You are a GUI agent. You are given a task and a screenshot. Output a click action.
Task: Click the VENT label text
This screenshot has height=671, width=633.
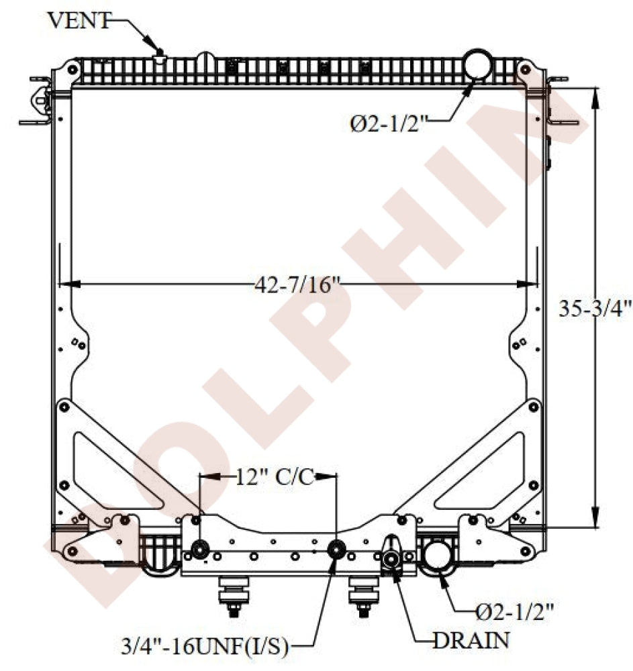point(79,20)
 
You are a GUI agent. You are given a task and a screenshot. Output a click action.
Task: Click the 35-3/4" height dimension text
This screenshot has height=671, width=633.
point(595,308)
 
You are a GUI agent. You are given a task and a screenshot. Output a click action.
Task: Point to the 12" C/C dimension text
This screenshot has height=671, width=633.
point(275,476)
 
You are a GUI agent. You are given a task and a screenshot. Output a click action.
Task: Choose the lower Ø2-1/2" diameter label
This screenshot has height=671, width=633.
point(514,613)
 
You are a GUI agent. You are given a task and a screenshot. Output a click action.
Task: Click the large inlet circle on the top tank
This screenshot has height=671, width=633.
point(478,64)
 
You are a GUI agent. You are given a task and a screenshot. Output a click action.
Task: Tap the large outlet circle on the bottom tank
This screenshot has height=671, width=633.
point(438,556)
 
